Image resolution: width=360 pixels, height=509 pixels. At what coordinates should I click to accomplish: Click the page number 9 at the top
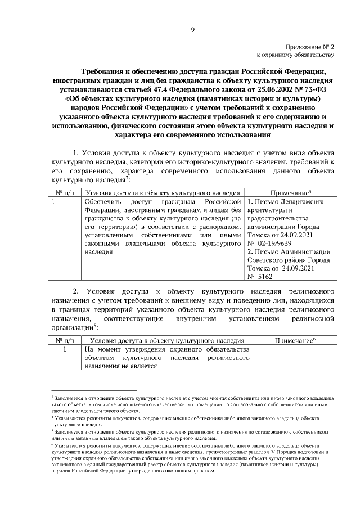point(192,30)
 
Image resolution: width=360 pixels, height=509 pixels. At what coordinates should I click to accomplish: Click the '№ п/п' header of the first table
point(64,192)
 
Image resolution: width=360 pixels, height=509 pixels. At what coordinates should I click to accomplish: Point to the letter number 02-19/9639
point(274,243)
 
